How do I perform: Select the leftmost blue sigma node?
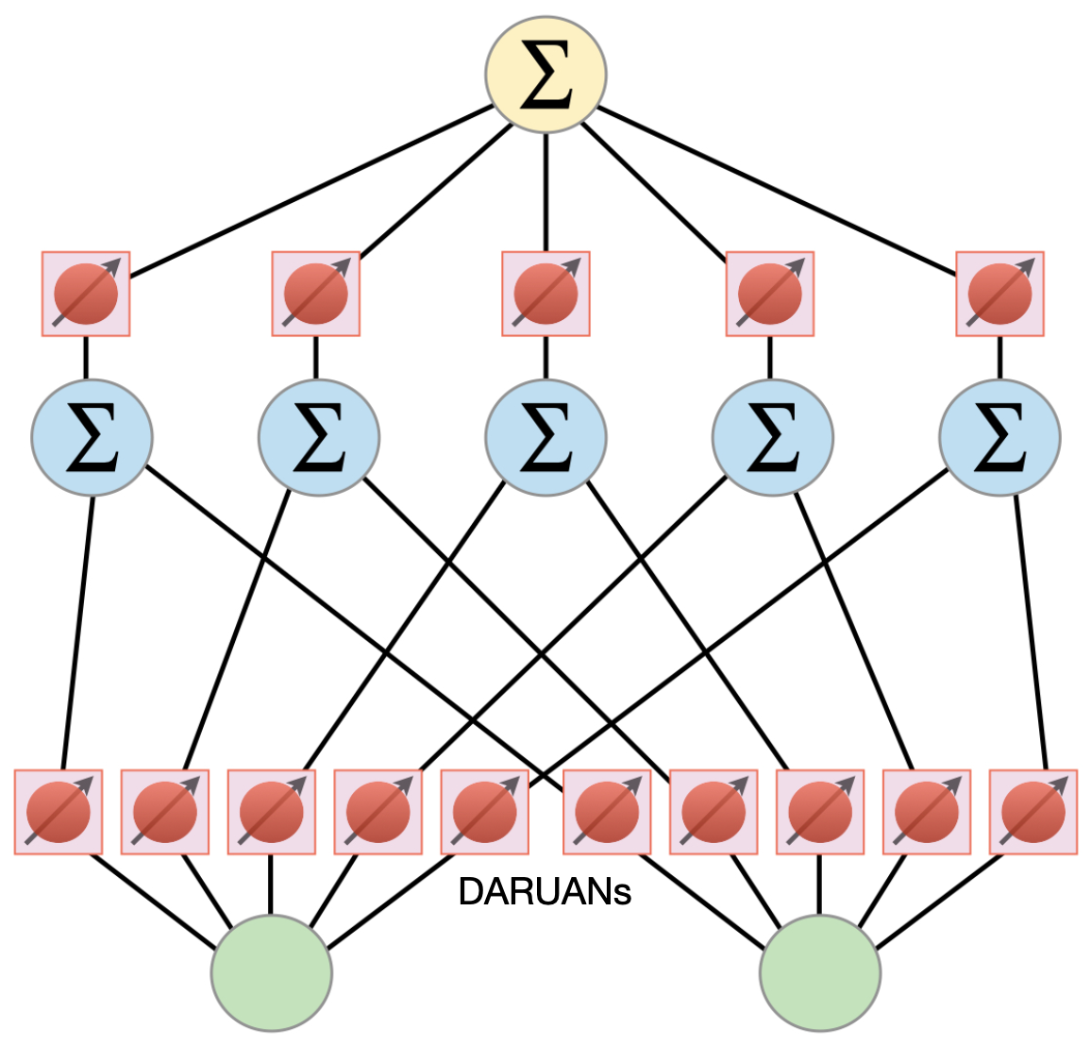[92, 438]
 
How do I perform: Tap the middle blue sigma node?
[545, 438]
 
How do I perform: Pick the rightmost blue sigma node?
[999, 438]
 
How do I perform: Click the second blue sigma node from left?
[319, 438]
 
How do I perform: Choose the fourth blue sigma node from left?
[772, 438]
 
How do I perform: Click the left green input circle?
[272, 972]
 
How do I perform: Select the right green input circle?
[820, 972]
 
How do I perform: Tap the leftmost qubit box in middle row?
[86, 294]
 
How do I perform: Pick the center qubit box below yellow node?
[545, 294]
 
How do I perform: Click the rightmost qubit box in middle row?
[999, 294]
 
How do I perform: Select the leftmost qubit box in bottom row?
[59, 812]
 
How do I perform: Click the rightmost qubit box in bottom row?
[1032, 812]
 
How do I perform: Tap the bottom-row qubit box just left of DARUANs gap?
[485, 812]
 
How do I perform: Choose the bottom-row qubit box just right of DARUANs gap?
[607, 812]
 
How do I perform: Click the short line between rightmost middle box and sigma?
[999, 358]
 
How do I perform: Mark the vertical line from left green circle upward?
[272, 885]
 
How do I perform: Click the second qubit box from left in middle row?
[315, 294]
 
